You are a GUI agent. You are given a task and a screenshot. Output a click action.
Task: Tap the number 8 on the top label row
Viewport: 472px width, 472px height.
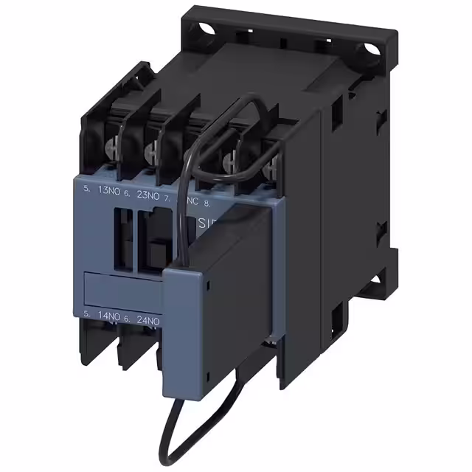click(x=207, y=200)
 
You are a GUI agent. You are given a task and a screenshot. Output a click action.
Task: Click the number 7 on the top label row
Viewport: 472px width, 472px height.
click(x=167, y=198)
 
